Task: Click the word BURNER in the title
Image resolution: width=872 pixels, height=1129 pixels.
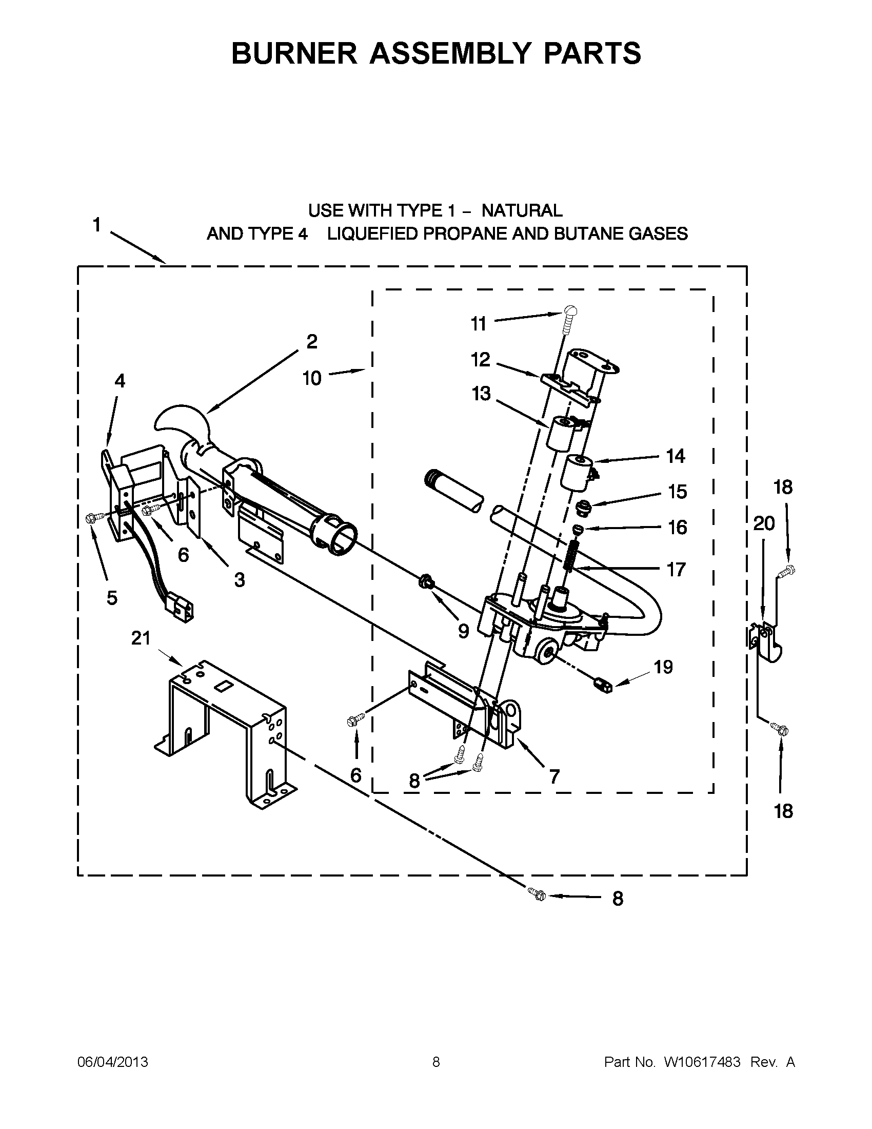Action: (x=294, y=53)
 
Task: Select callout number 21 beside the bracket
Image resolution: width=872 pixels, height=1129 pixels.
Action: (x=141, y=639)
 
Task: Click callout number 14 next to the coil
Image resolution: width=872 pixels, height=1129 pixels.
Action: (x=675, y=456)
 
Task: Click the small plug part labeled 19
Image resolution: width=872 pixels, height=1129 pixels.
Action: (x=603, y=686)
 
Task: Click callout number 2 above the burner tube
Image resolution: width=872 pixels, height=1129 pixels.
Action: (x=311, y=342)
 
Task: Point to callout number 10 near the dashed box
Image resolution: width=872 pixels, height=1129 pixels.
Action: (x=312, y=378)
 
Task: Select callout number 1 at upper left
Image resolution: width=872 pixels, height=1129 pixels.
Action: (x=96, y=226)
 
